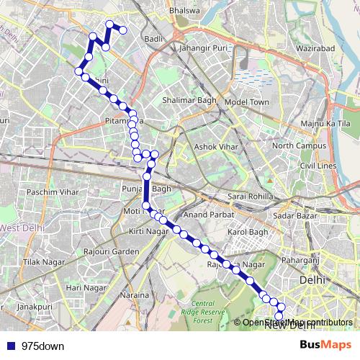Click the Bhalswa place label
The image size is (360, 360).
pos(182,12)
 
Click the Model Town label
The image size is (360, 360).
pos(246,102)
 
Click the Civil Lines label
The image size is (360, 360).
pos(318,166)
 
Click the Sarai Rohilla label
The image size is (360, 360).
pos(248,197)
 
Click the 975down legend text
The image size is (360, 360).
pos(42,346)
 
